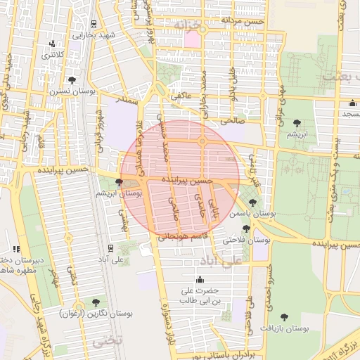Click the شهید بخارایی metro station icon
(x=94, y=22)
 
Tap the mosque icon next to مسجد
(x=352, y=103)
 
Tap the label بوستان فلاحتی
(x=224, y=240)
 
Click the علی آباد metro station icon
(x=110, y=247)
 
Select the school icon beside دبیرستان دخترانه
(x=15, y=249)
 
